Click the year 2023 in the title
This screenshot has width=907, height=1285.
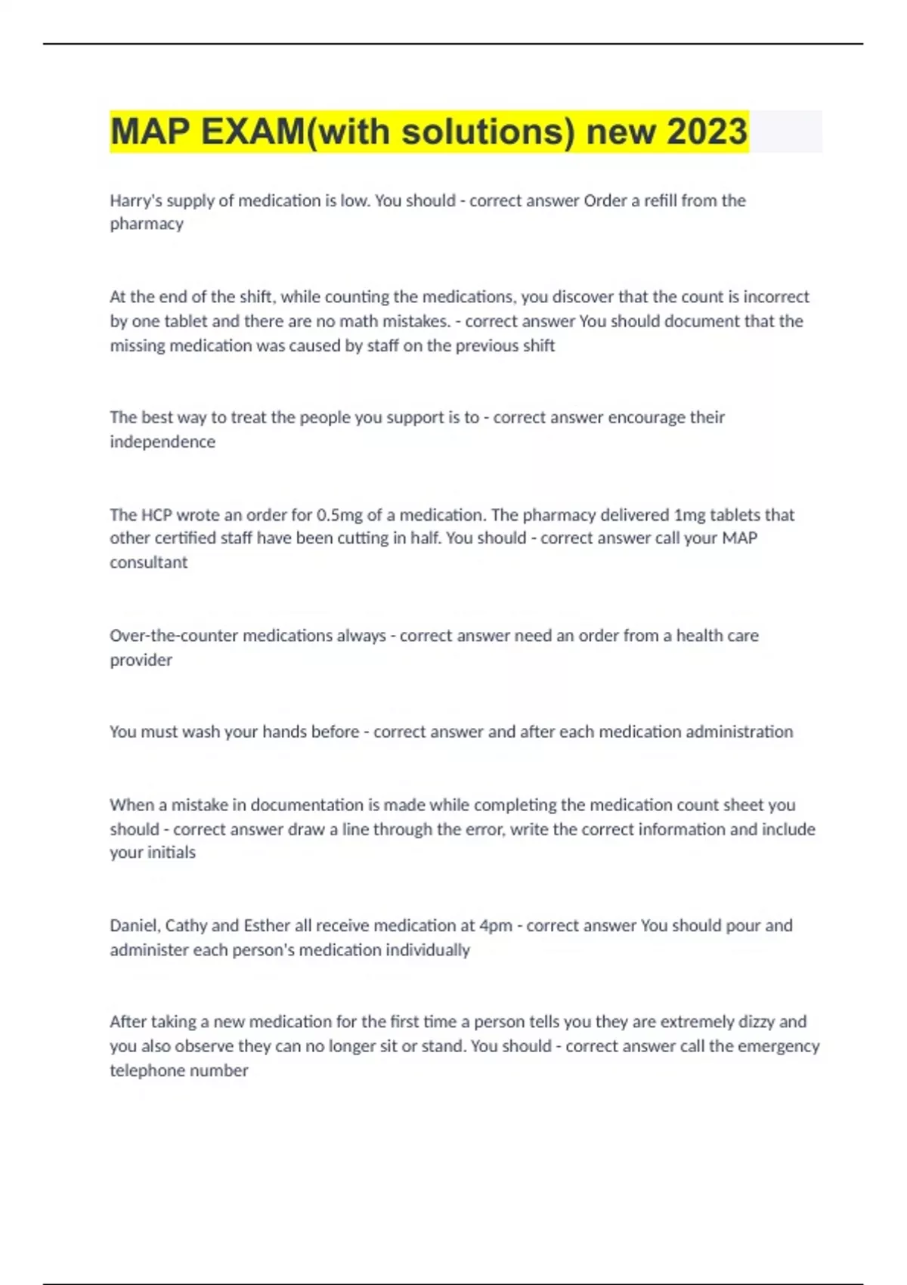click(707, 132)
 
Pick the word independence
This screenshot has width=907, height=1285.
click(163, 441)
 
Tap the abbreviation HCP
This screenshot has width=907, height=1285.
click(156, 515)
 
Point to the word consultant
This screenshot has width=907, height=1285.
click(149, 562)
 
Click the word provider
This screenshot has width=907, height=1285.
click(141, 660)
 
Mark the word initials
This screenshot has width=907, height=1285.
click(175, 853)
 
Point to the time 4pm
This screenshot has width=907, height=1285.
click(496, 926)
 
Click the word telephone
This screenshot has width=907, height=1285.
click(144, 1070)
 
